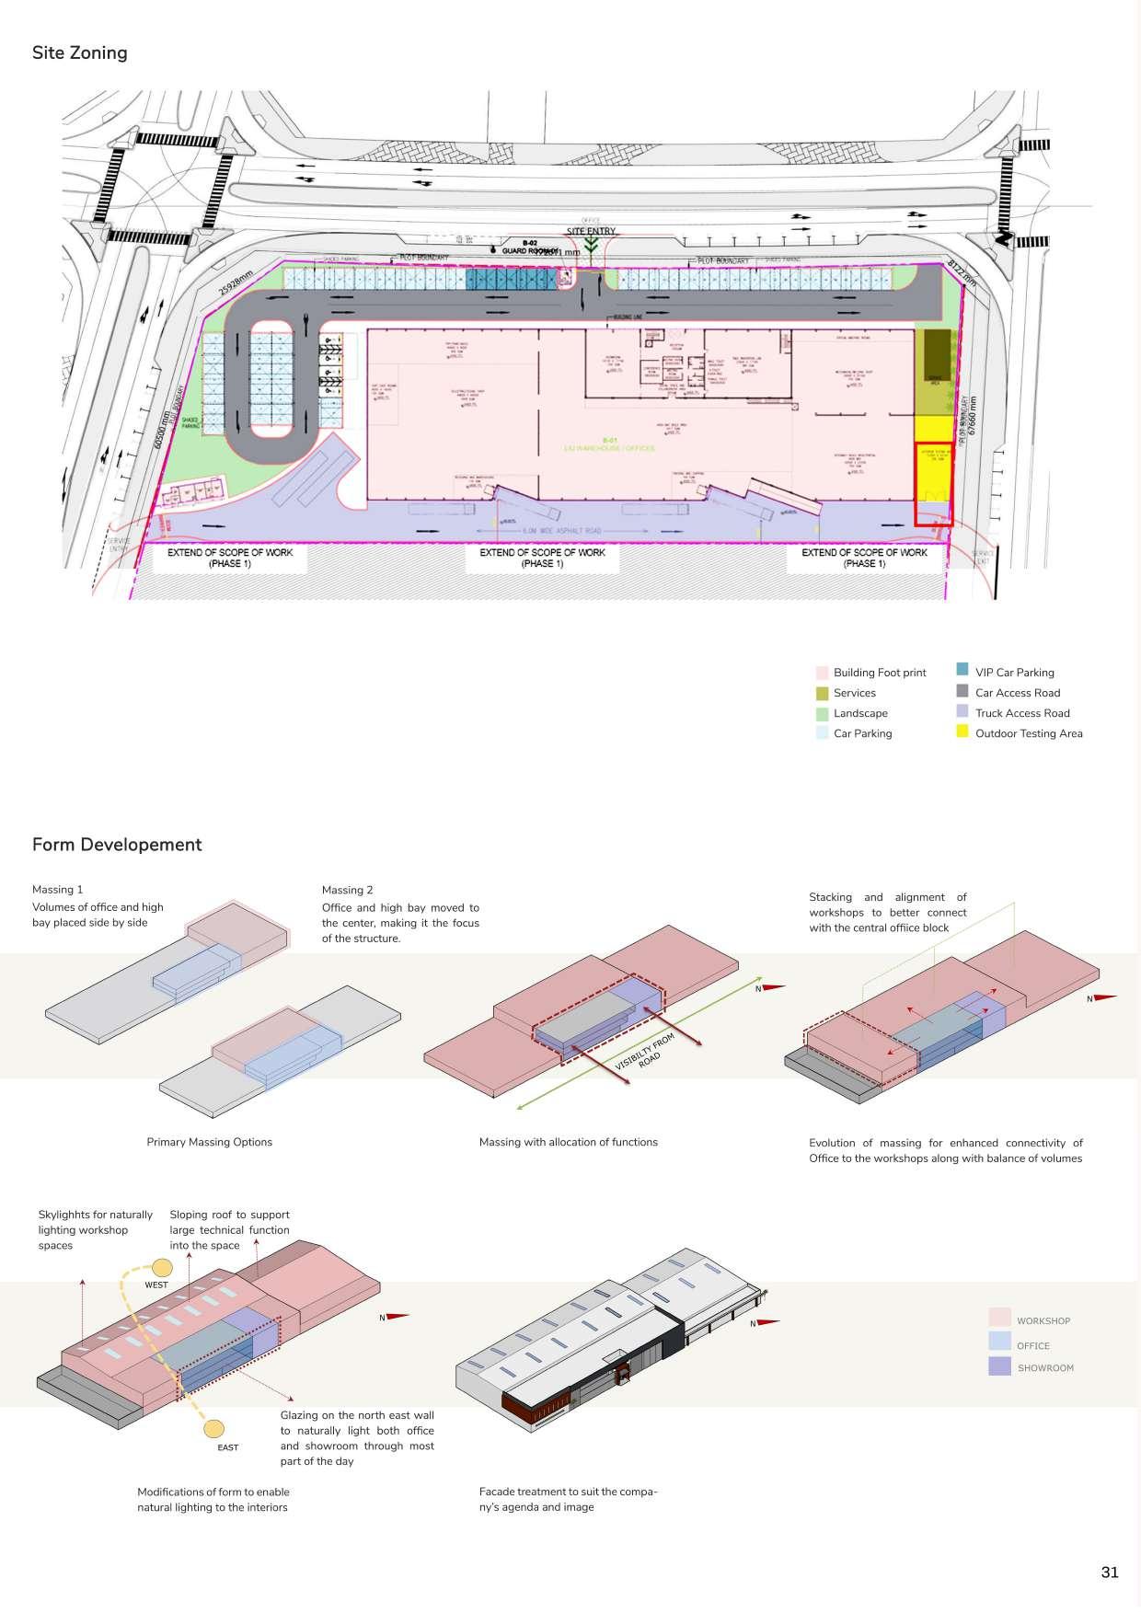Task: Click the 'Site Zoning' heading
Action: coord(80,53)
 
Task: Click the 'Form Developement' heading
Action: coord(117,845)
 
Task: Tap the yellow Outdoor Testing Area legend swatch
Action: coord(962,732)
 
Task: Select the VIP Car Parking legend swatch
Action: coord(962,671)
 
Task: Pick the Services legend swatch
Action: coord(822,693)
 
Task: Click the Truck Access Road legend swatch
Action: coord(962,712)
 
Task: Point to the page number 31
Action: coord(1109,1572)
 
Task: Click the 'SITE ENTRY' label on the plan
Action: coord(591,231)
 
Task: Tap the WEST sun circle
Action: coord(162,1267)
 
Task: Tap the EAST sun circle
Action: coord(213,1429)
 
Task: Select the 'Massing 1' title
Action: coord(58,890)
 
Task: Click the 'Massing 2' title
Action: coord(348,890)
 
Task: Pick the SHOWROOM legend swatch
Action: coord(999,1367)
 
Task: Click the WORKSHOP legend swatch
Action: coord(999,1319)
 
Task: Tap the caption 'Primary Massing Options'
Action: coord(210,1142)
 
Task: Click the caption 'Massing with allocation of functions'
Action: coord(569,1142)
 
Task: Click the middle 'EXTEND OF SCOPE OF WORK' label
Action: coord(543,558)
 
